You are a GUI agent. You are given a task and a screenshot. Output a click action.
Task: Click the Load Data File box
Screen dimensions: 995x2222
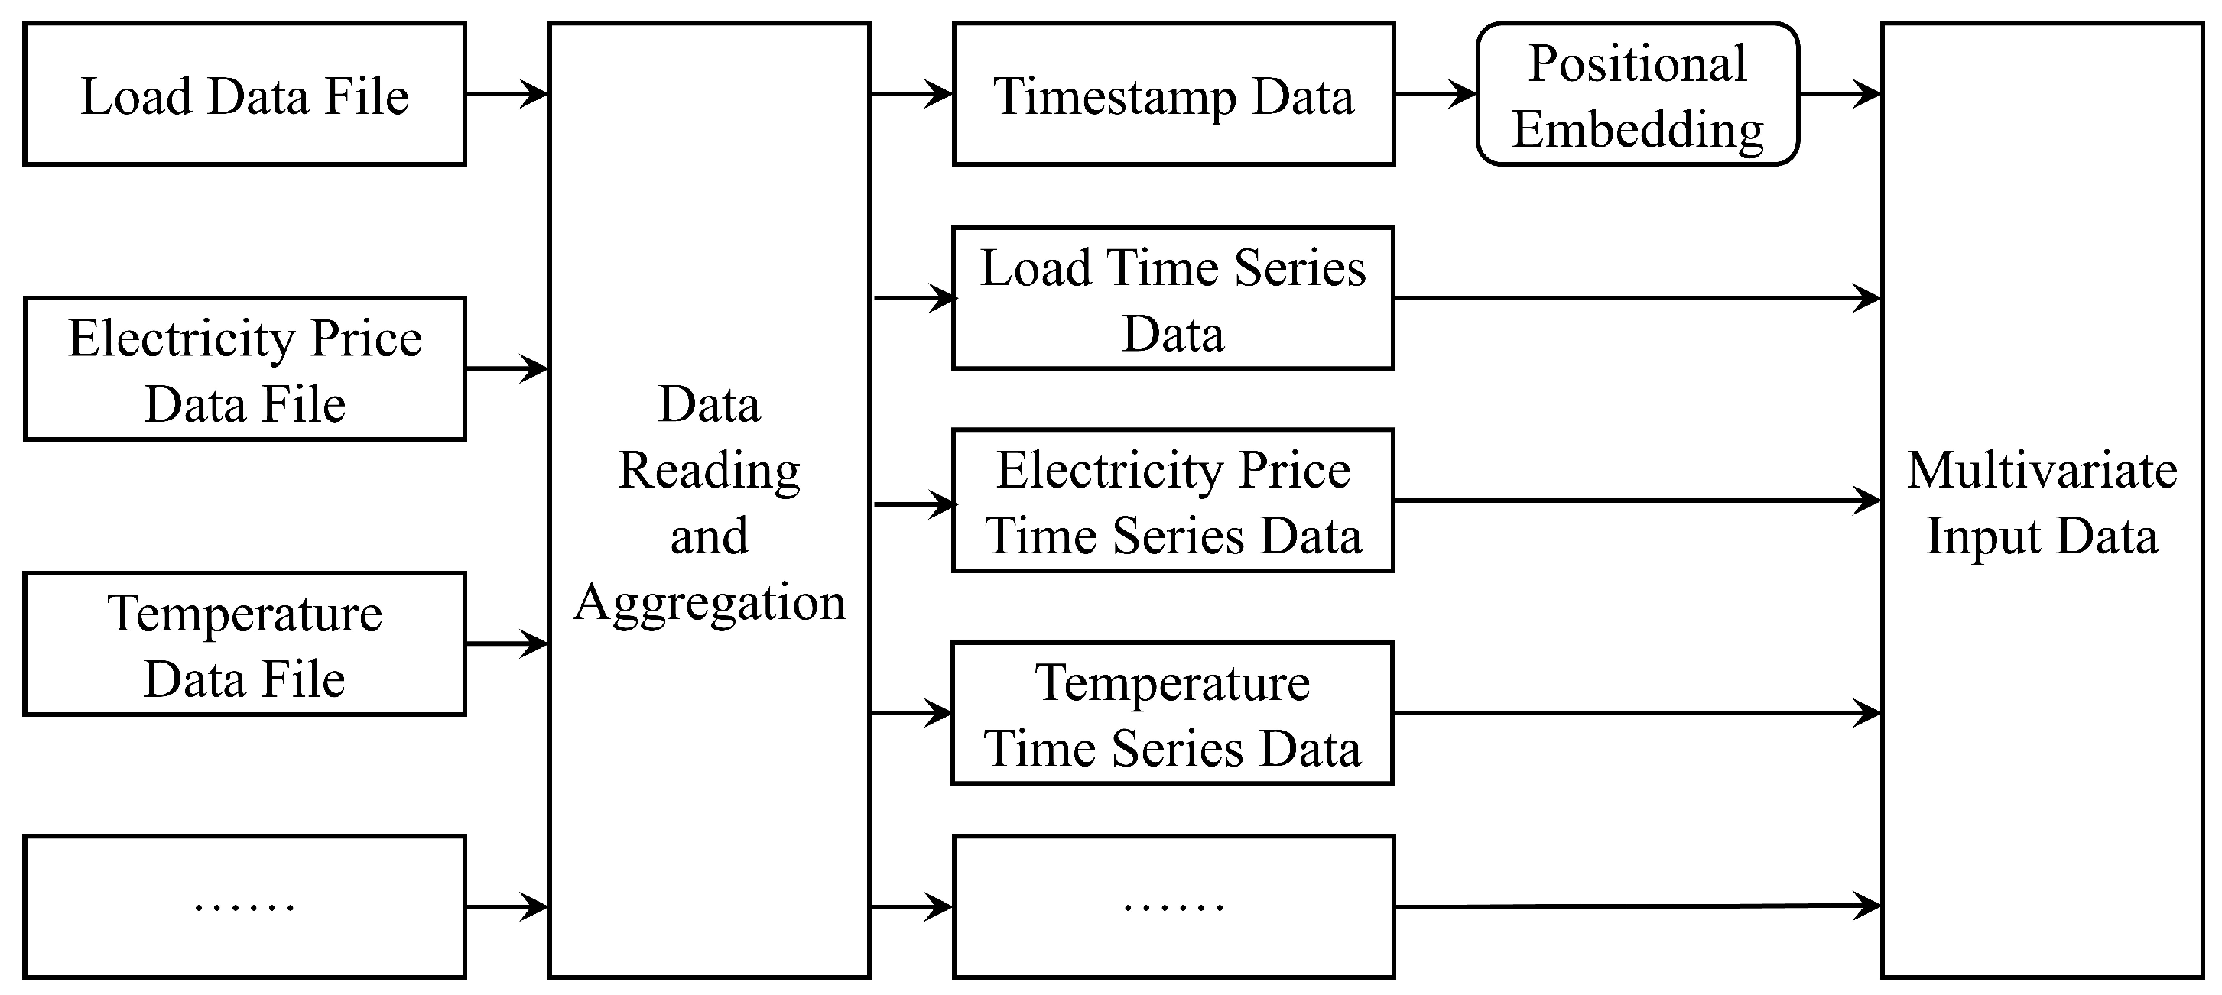(244, 94)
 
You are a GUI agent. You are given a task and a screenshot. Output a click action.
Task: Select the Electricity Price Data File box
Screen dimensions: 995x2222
(244, 369)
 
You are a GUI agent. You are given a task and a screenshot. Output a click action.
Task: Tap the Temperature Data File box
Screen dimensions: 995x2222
(244, 644)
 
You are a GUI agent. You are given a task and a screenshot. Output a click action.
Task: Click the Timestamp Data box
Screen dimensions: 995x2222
(1173, 94)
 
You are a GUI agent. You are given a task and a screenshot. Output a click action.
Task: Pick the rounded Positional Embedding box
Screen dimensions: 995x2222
(1637, 94)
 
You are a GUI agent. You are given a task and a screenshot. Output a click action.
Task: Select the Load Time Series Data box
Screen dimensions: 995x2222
(1173, 298)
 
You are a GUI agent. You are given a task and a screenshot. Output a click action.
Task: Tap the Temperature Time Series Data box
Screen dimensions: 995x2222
(1173, 713)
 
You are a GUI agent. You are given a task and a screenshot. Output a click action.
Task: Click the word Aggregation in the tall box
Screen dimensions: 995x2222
(709, 602)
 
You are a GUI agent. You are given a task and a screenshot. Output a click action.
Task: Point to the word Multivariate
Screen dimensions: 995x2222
(2042, 471)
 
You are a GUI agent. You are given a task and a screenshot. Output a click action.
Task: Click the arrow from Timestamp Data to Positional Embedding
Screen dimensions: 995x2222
(1435, 93)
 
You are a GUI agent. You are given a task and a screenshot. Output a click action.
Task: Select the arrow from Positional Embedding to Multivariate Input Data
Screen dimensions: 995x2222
(1840, 93)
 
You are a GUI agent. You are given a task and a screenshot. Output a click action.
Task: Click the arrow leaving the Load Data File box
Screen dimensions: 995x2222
(507, 93)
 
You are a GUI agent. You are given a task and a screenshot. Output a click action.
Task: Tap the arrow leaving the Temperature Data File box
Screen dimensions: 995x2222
(507, 644)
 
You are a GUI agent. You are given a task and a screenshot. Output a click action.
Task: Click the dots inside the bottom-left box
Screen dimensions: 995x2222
(244, 907)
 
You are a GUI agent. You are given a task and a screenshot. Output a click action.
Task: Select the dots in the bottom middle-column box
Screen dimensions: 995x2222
(1173, 907)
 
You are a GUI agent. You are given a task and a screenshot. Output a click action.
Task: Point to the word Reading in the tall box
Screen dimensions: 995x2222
(709, 472)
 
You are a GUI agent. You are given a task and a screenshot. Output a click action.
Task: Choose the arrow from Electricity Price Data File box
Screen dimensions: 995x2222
(507, 369)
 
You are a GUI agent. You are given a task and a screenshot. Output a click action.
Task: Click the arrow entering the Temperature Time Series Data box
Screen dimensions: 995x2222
(911, 713)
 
